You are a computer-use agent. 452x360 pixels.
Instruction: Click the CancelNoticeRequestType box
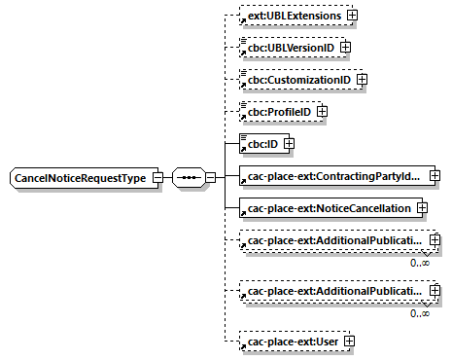[79, 178]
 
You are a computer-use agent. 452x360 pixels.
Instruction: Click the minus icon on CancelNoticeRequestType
[156, 178]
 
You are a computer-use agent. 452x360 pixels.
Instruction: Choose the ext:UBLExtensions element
[294, 16]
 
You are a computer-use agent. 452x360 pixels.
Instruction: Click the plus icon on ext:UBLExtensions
[352, 16]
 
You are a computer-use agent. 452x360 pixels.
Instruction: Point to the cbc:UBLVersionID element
[289, 47]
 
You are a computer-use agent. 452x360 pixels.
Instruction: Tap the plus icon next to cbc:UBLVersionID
[344, 47]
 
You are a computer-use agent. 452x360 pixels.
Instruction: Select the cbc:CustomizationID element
[299, 79]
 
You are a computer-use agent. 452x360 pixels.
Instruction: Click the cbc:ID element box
[260, 144]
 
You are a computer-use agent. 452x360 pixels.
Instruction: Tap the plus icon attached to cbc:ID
[288, 144]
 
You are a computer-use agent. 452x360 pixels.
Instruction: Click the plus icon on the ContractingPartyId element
[435, 175]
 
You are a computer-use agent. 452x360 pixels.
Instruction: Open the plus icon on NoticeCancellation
[422, 207]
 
